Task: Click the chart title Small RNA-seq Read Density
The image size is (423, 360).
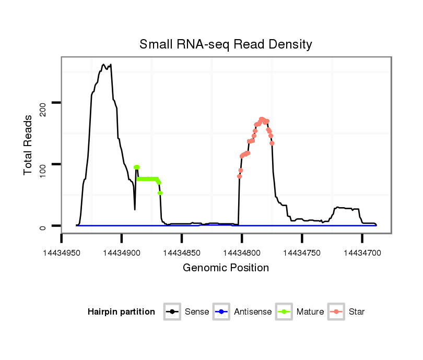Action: pyautogui.click(x=226, y=44)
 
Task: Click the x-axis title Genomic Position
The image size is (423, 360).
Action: pyautogui.click(x=226, y=268)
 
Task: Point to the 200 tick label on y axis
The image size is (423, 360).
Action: pyautogui.click(x=43, y=103)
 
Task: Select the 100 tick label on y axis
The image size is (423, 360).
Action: pyautogui.click(x=43, y=164)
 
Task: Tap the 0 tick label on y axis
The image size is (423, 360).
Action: pyautogui.click(x=43, y=226)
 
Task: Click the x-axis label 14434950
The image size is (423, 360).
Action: pyautogui.click(x=62, y=253)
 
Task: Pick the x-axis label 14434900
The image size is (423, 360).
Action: pyautogui.click(x=122, y=253)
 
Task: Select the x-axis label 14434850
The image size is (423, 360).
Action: pyautogui.click(x=182, y=253)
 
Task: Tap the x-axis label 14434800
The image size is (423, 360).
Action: pyautogui.click(x=242, y=253)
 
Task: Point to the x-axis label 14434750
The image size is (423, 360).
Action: pyautogui.click(x=302, y=253)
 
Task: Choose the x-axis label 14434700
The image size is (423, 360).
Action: pyautogui.click(x=362, y=253)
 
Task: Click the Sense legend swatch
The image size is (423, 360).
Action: pyautogui.click(x=172, y=312)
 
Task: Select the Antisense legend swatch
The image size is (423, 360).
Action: pyautogui.click(x=221, y=312)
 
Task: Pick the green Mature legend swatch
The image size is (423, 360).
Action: pyautogui.click(x=284, y=312)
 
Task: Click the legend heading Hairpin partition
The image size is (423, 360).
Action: pyautogui.click(x=121, y=312)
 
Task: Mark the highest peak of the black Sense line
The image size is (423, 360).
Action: pyautogui.click(x=103, y=65)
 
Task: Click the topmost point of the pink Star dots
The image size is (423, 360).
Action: pyautogui.click(x=262, y=119)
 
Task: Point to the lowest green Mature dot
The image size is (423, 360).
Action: pyautogui.click(x=160, y=193)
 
